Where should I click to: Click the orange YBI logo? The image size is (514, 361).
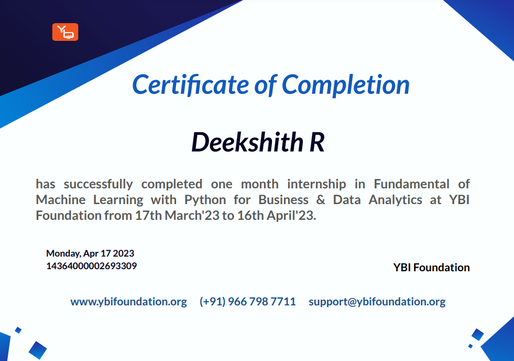click(65, 32)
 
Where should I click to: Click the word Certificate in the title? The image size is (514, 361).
click(191, 84)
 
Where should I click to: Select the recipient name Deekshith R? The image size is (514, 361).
click(258, 142)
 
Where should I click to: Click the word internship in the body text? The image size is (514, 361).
click(316, 185)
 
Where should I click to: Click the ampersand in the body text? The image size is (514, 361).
click(321, 200)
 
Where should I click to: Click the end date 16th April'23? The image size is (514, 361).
click(277, 216)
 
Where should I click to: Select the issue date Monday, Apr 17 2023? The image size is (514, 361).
click(90, 253)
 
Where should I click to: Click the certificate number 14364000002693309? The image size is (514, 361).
click(92, 266)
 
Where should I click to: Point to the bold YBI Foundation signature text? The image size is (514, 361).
click(431, 268)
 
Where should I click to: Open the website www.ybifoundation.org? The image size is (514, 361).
click(128, 302)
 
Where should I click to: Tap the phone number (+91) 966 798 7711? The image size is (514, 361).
click(247, 302)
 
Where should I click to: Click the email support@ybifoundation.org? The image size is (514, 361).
click(377, 302)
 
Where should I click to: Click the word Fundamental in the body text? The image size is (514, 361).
click(411, 184)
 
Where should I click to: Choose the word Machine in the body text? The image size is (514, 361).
click(61, 200)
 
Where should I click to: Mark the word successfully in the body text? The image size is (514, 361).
click(99, 185)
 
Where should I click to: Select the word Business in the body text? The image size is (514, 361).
click(283, 200)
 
